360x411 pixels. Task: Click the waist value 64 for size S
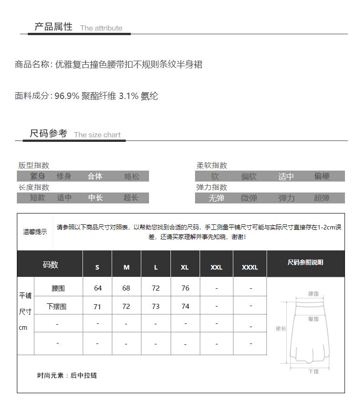(x=98, y=288)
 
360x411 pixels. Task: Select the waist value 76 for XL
(x=185, y=288)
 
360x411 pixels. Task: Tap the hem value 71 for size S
(x=98, y=307)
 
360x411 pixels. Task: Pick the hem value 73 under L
(x=156, y=307)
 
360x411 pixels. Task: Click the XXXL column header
(x=250, y=267)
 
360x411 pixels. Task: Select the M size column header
(x=126, y=267)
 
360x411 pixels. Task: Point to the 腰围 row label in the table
(x=58, y=288)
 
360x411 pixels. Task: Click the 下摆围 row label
(x=57, y=307)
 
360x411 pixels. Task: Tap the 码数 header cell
(x=50, y=265)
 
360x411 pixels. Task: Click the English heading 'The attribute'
(x=101, y=28)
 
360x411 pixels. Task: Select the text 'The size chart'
(x=97, y=135)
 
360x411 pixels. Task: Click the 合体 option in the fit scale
(x=95, y=177)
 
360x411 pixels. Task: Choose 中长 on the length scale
(x=95, y=198)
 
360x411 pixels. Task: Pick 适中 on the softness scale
(x=286, y=177)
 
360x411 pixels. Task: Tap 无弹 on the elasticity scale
(x=216, y=198)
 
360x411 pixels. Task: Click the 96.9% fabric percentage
(x=67, y=96)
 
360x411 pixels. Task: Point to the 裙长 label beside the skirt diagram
(x=281, y=328)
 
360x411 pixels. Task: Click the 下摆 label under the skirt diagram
(x=313, y=372)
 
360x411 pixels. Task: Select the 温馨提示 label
(x=35, y=232)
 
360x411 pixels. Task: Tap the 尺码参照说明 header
(x=305, y=262)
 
